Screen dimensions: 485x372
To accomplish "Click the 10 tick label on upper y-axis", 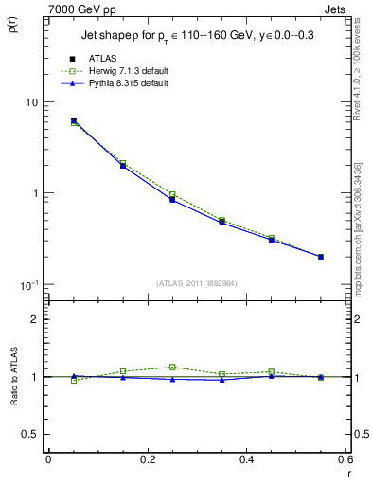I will tap(30, 102).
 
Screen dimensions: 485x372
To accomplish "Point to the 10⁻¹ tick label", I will tap(28, 285).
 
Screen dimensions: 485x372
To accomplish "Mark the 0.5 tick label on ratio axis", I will tap(30, 434).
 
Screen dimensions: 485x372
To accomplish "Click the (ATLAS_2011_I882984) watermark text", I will tap(198, 282).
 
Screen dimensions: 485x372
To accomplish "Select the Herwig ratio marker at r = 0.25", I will tap(172, 367).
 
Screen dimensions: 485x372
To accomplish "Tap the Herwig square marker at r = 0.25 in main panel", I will tap(172, 194).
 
